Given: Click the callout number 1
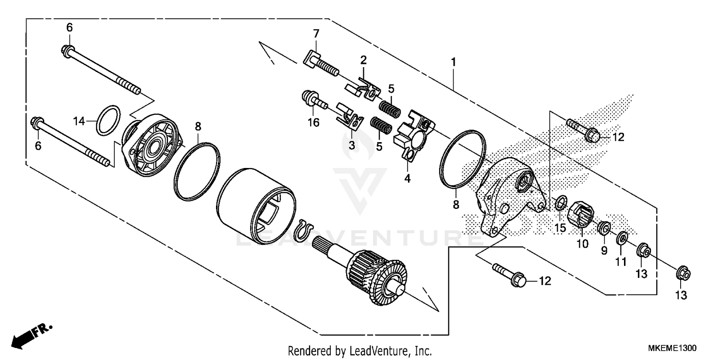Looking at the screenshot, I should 453,62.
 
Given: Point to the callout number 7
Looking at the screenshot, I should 315,34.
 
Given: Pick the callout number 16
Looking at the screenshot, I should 313,123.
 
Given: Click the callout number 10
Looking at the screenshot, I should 582,244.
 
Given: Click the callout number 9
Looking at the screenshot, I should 604,250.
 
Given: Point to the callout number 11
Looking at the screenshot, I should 622,262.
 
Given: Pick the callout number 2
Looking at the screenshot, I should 363,60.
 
